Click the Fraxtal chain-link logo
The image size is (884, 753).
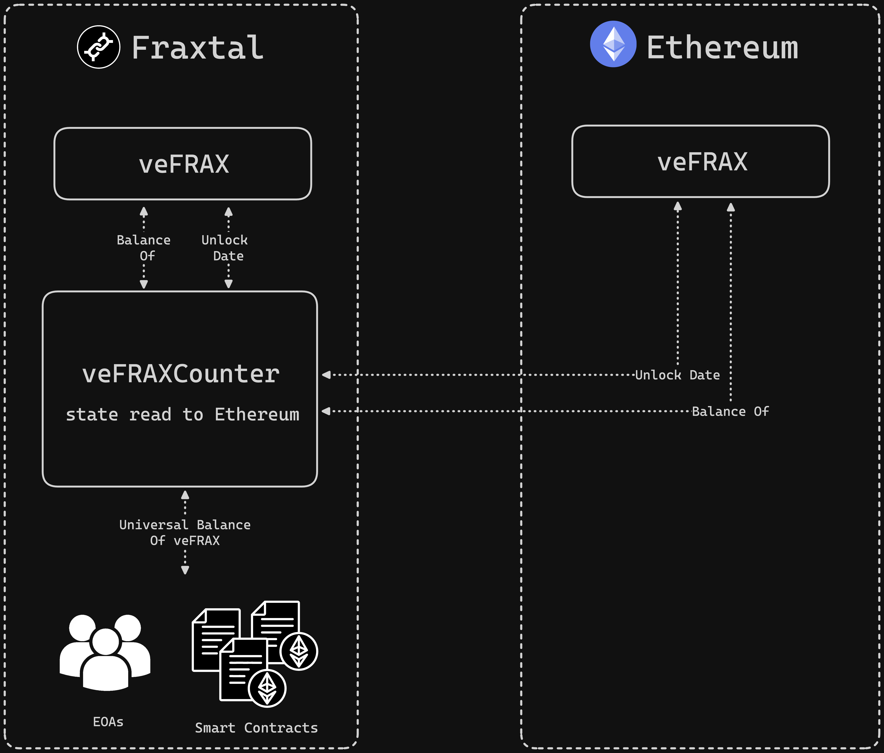point(99,47)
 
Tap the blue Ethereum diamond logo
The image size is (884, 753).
point(613,44)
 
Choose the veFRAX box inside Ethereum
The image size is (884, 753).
point(701,161)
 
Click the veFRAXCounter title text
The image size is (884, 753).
point(181,374)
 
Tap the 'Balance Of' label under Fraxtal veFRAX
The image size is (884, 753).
point(144,248)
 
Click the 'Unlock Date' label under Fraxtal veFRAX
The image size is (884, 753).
point(225,248)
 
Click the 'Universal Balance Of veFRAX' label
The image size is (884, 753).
point(185,532)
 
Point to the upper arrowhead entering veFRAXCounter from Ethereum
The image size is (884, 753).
point(326,375)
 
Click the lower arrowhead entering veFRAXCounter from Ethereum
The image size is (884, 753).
point(326,411)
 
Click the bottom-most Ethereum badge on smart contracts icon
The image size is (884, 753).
point(267,688)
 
